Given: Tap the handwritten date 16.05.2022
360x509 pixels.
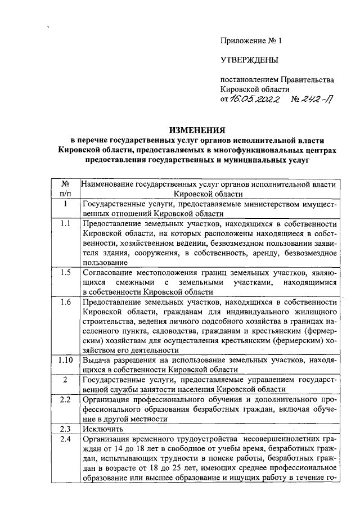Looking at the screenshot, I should pyautogui.click(x=256, y=99).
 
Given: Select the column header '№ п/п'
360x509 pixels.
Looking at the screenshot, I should pyautogui.click(x=65, y=188).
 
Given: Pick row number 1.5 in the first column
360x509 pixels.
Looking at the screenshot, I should pyautogui.click(x=65, y=272).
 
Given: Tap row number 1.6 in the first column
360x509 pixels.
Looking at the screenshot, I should pyautogui.click(x=65, y=302).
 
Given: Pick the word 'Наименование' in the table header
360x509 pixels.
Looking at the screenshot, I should pyautogui.click(x=109, y=183).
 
